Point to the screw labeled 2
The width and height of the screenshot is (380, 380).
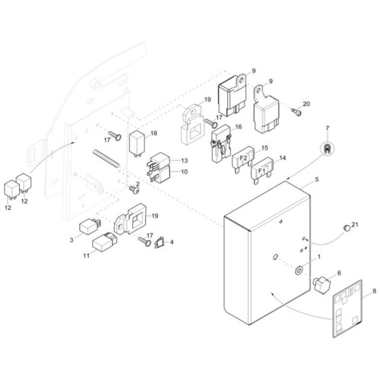click(133, 190)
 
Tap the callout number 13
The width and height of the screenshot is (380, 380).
click(183, 160)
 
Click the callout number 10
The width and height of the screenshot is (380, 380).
click(183, 172)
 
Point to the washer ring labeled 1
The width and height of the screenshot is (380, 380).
click(299, 271)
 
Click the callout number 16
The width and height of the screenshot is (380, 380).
click(237, 127)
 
